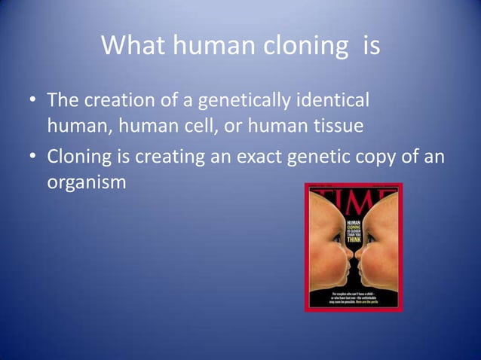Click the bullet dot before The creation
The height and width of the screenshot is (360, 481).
pos(34,100)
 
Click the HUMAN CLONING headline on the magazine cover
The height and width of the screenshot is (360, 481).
pos(354,230)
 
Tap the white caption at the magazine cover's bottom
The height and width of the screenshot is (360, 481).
pos(354,296)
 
